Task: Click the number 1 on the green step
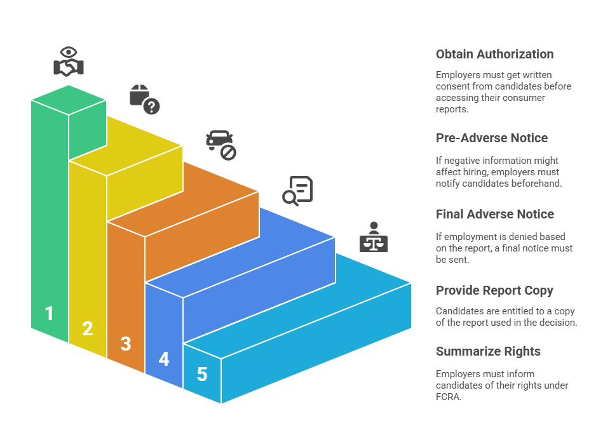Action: pyautogui.click(x=49, y=313)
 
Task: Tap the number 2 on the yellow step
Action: pyautogui.click(x=88, y=328)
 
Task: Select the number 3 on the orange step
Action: pyautogui.click(x=126, y=344)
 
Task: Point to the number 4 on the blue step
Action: pyautogui.click(x=164, y=359)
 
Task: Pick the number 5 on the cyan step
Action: pyautogui.click(x=202, y=374)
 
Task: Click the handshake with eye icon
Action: pyautogui.click(x=69, y=62)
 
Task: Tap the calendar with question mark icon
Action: pyautogui.click(x=144, y=99)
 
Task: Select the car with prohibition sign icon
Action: pyautogui.click(x=220, y=144)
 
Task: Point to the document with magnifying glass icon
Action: pyautogui.click(x=297, y=191)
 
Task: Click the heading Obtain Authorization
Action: pyautogui.click(x=494, y=54)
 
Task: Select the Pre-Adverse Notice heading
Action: pyautogui.click(x=492, y=138)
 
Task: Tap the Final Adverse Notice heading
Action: pyautogui.click(x=494, y=214)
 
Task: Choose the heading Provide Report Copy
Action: pyautogui.click(x=494, y=290)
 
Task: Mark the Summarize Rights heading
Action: pyautogui.click(x=488, y=351)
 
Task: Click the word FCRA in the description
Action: pyautogui.click(x=448, y=397)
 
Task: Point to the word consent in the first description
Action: pyautogui.click(x=451, y=86)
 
